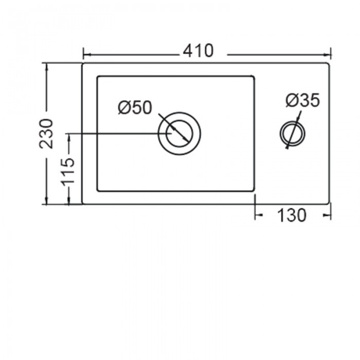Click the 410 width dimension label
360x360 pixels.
point(197,51)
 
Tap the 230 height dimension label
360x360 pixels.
point(46,133)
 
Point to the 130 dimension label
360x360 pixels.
point(292,216)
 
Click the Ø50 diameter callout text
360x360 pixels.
point(135,107)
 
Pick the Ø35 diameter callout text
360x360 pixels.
point(303,100)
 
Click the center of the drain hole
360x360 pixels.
point(179,133)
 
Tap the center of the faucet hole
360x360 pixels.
point(292,133)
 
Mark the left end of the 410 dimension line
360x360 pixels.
point(83,53)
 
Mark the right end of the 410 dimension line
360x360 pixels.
point(331,53)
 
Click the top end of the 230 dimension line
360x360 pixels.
point(47,64)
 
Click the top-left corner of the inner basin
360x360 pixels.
point(98,77)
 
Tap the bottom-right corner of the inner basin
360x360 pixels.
point(254,191)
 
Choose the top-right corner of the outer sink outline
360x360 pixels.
point(329,64)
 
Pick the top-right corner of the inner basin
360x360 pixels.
point(254,77)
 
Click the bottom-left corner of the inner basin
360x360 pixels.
point(98,191)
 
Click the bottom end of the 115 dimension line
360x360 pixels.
point(68,204)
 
